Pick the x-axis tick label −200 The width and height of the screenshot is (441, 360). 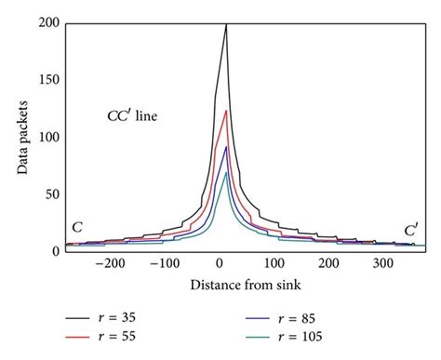111,264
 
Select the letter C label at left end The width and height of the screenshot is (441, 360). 76,228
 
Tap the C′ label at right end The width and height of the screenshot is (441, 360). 410,228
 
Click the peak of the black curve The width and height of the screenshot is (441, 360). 226,25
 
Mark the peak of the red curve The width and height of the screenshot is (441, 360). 226,112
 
